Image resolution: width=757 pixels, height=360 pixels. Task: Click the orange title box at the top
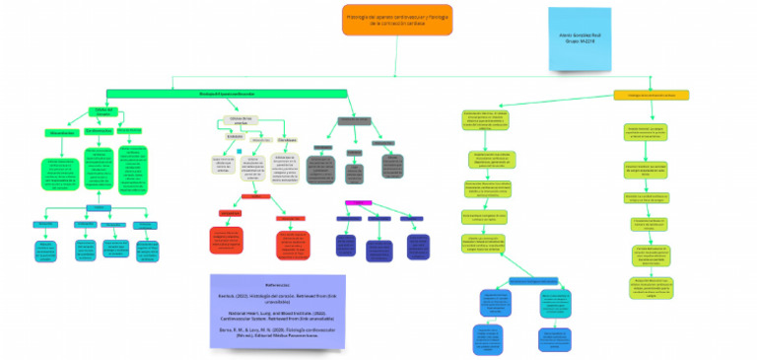click(397, 19)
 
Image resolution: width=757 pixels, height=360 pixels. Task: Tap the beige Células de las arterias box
click(241, 119)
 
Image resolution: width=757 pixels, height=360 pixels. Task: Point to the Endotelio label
click(235, 136)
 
